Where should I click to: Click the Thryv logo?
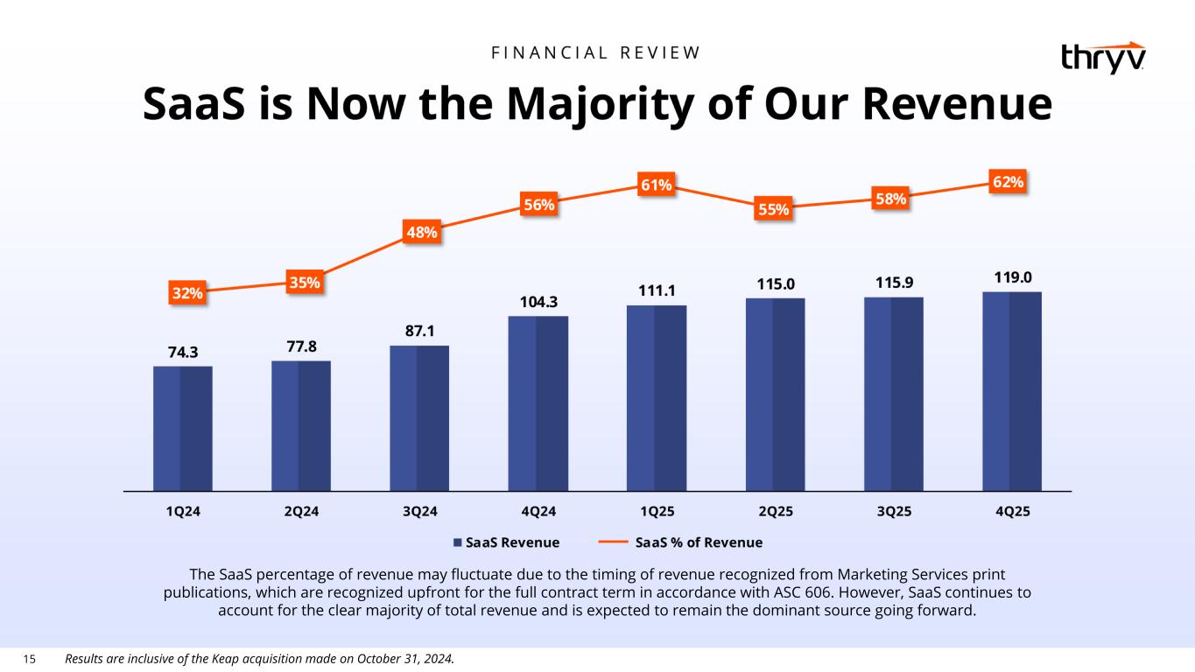(x=1102, y=58)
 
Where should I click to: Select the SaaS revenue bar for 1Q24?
(x=183, y=428)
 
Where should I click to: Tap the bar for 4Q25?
(x=1012, y=391)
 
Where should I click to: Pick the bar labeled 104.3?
(x=538, y=402)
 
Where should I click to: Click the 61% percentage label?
(x=657, y=185)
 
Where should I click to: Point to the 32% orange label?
(x=187, y=293)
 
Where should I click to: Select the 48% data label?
(x=420, y=233)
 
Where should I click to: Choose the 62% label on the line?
(x=1009, y=182)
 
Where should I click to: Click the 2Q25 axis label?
(x=775, y=512)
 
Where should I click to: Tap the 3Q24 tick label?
(x=419, y=512)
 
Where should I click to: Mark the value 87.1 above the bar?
(x=419, y=331)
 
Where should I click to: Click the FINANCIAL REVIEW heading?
(x=597, y=52)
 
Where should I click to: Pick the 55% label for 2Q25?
(x=774, y=210)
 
